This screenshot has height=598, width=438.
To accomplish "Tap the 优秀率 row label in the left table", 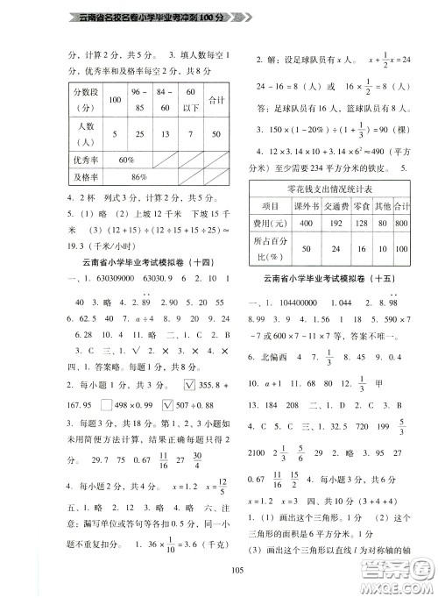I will [x=72, y=160].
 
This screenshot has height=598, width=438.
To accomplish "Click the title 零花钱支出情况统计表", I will [x=334, y=189].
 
